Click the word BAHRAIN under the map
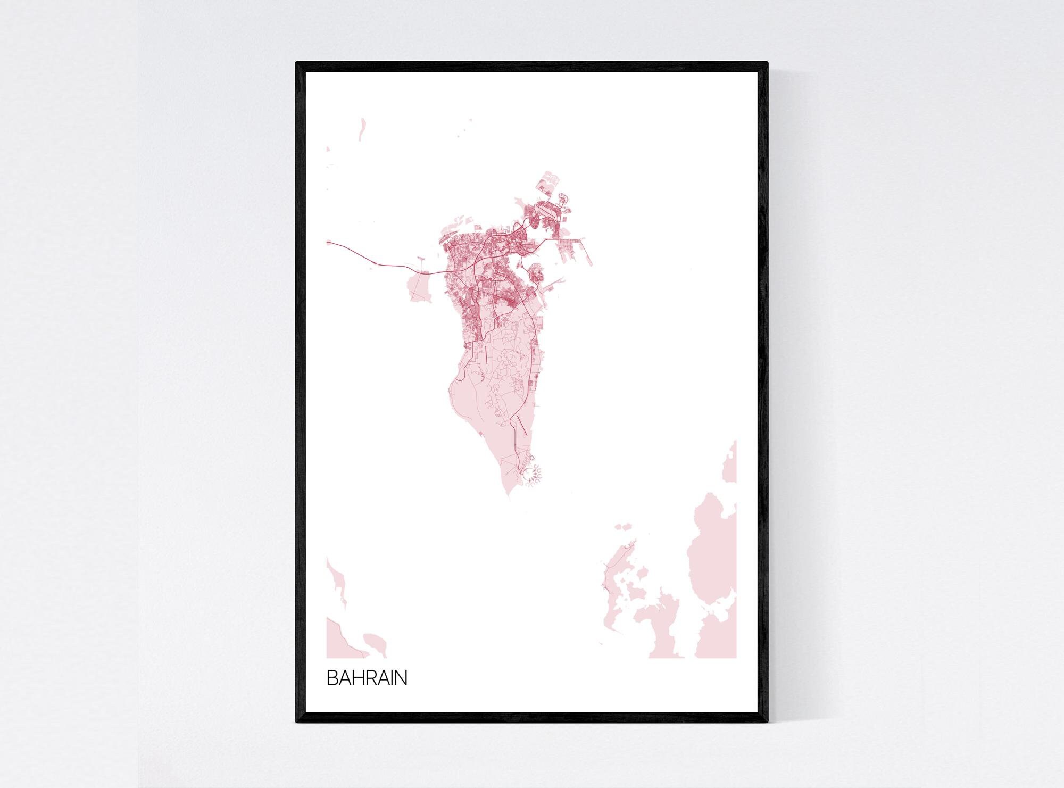click(x=367, y=678)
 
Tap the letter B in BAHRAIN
click(x=331, y=678)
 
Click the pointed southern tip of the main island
click(x=508, y=498)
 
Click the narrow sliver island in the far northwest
click(x=362, y=128)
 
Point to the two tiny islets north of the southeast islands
click(x=624, y=527)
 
